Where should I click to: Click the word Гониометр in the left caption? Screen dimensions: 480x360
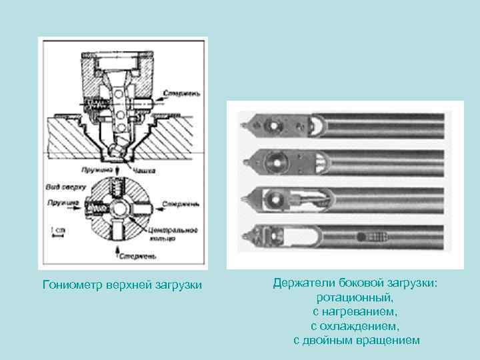(69, 285)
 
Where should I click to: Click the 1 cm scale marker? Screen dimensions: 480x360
(57, 231)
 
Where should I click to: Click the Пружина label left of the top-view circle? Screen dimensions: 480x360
(63, 201)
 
